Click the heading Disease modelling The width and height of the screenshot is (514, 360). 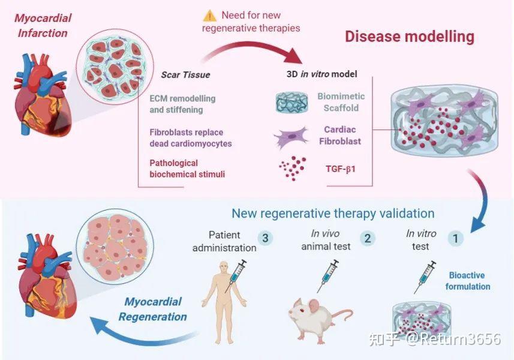coord(409,37)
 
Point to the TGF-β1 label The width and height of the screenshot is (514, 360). coord(340,169)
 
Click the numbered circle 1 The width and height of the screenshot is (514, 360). coord(456,238)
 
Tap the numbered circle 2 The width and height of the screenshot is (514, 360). coord(366,238)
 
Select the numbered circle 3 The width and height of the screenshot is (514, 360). coord(266,238)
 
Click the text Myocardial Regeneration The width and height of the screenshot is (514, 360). coord(152,309)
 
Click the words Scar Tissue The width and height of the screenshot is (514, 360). coord(185,75)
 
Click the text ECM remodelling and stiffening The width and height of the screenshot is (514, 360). coord(182,104)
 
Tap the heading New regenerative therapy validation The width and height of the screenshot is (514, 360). coord(333,213)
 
